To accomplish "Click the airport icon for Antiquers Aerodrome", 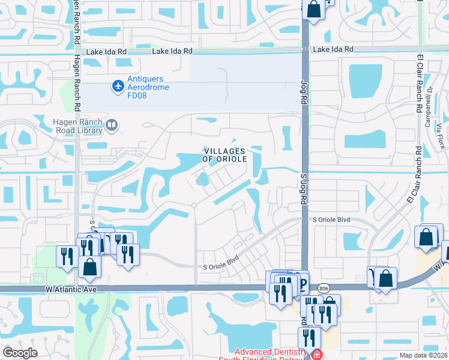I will [x=118, y=88].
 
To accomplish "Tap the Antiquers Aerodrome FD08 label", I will [x=148, y=83].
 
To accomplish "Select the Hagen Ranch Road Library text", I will [x=76, y=126].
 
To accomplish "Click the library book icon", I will [x=111, y=125].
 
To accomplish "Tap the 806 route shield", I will [x=322, y=289].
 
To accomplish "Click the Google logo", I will [x=20, y=353].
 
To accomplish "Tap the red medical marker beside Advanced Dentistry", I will [x=316, y=355].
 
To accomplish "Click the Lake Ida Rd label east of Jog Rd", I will [x=330, y=49].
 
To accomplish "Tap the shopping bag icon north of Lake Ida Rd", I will [x=313, y=9].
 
